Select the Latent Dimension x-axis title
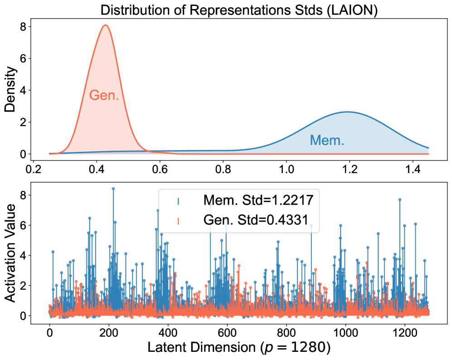pos(239,348)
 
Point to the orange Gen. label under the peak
pos(104,95)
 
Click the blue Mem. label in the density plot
pos(327,140)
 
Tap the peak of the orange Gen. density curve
pos(105,25)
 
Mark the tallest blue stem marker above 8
pos(113,189)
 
